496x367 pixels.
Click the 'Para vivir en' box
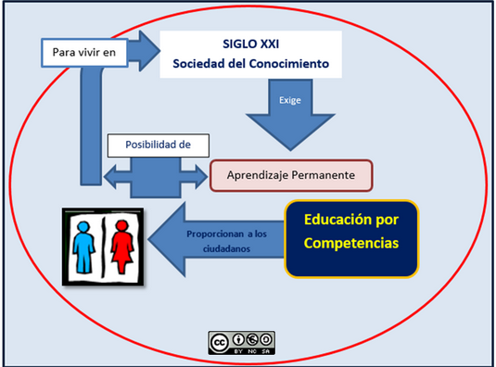[x=83, y=53]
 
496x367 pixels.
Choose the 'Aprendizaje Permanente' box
[x=290, y=173]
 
